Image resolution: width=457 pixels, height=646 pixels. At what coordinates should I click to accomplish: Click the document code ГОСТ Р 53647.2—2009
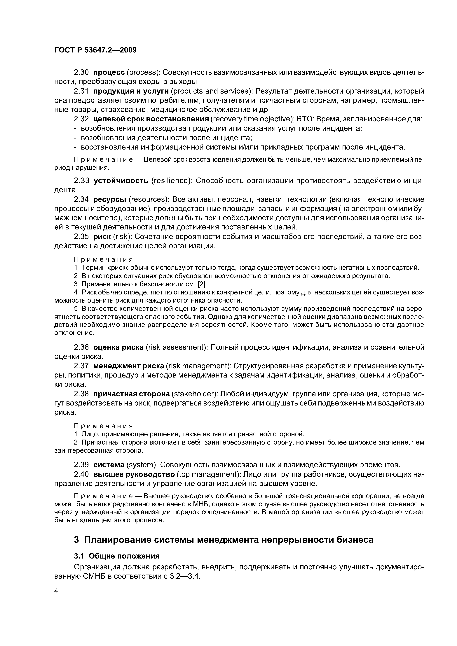tap(95, 50)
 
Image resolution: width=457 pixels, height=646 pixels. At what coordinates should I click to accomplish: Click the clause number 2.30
tap(81, 72)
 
